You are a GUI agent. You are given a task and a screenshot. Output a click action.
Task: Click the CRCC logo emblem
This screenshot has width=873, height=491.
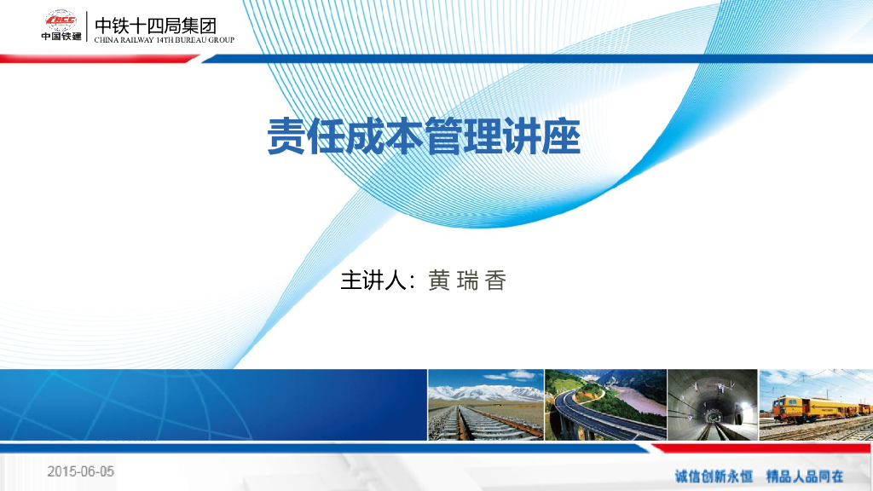(x=61, y=20)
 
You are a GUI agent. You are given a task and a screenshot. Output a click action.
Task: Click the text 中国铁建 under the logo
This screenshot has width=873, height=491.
(x=61, y=36)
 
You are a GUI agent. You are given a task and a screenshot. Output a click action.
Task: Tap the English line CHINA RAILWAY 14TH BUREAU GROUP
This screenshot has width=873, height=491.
(x=163, y=40)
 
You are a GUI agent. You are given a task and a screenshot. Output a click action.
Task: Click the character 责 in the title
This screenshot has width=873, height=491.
(x=286, y=136)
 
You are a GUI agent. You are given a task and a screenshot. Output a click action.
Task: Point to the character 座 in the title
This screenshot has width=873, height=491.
(x=562, y=136)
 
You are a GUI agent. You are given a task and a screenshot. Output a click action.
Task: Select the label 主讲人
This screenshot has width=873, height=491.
(x=371, y=280)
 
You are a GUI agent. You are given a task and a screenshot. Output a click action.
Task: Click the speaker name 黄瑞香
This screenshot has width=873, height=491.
(x=466, y=280)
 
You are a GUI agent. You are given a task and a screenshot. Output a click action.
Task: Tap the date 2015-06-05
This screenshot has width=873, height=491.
(x=80, y=471)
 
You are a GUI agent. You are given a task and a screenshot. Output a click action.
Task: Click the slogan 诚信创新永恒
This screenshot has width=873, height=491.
(x=714, y=476)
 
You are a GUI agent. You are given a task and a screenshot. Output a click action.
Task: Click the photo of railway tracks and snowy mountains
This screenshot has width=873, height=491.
(x=485, y=405)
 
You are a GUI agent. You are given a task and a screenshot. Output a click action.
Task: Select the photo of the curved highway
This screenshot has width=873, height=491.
(x=605, y=405)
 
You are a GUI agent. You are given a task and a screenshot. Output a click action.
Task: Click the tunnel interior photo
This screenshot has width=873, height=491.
(x=712, y=405)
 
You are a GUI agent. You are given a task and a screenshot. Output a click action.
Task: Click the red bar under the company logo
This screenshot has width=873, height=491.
(x=98, y=58)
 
